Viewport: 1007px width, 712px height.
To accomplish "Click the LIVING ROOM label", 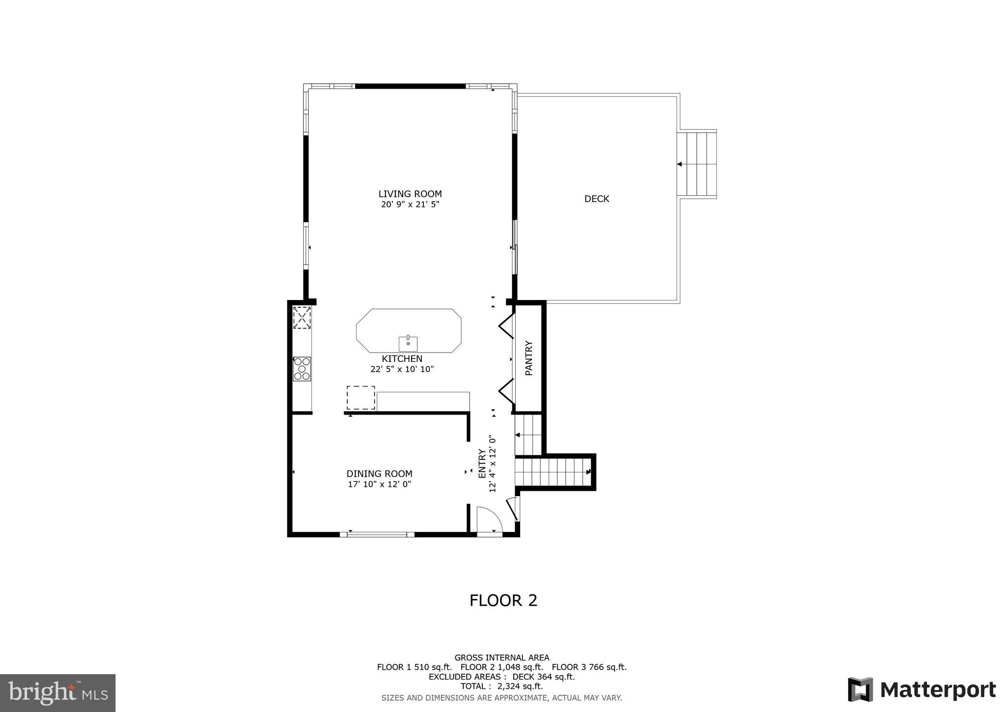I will point(410,194).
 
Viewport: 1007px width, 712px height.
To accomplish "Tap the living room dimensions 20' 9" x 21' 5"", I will point(410,205).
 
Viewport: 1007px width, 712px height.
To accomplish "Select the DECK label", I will point(596,199).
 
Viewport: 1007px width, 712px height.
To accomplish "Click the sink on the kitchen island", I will point(408,344).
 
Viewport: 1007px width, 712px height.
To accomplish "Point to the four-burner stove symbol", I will point(302,369).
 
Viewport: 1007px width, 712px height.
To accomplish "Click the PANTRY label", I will point(529,358).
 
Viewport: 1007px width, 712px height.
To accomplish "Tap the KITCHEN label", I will point(402,359).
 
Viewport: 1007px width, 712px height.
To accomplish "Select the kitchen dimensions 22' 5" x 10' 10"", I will point(402,369).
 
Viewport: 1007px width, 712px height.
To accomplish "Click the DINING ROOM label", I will point(379,474).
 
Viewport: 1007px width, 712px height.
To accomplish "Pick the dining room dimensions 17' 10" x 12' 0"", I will point(379,484).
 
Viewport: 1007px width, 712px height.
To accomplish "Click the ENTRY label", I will point(482,463).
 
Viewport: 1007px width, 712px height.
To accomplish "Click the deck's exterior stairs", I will point(696,164).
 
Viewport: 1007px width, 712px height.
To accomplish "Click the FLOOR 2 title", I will point(503,600).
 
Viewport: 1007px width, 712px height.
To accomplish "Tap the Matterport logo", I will point(921,690).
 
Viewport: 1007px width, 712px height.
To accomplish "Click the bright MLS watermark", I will point(58,693).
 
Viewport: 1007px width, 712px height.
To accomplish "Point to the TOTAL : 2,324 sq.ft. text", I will point(502,686).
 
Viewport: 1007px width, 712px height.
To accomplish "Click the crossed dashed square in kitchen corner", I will point(302,318).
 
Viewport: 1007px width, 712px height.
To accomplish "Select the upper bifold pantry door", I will point(507,327).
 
